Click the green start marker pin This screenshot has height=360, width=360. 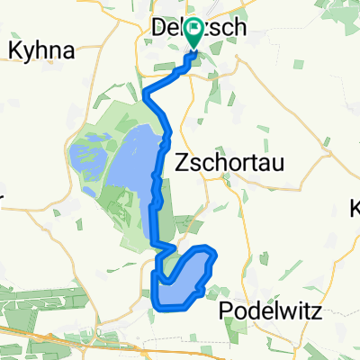coord(194,35)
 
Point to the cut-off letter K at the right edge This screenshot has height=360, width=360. coord(355,212)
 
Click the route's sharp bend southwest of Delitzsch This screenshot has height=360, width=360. coord(146,90)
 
